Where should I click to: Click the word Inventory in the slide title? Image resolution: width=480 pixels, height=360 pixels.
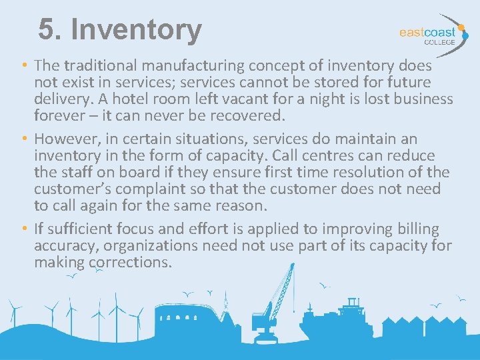click(135, 30)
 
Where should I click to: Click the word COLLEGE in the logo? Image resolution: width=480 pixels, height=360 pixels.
click(439, 42)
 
